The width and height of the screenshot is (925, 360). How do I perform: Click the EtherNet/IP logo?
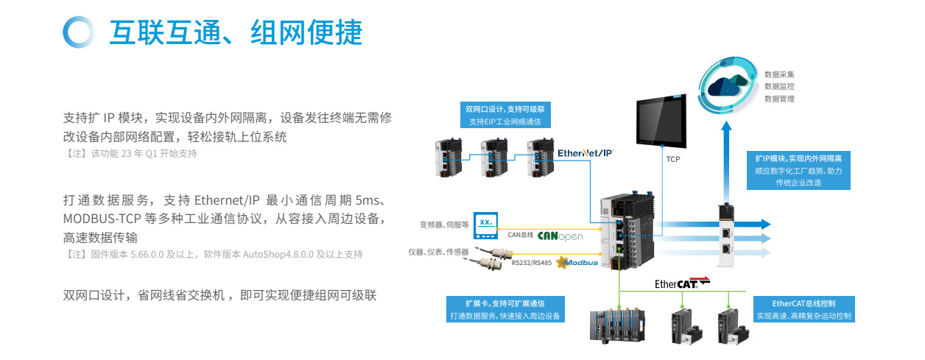(x=585, y=152)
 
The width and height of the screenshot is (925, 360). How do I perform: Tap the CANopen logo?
(x=560, y=236)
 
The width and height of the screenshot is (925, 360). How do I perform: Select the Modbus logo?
(x=578, y=262)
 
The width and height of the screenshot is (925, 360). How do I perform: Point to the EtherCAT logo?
(x=682, y=283)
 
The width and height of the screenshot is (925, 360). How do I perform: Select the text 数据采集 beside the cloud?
(x=779, y=74)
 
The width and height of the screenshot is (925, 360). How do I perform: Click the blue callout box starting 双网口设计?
(x=504, y=115)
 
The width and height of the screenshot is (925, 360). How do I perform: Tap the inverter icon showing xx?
(x=485, y=223)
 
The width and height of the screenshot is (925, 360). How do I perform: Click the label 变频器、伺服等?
(x=444, y=225)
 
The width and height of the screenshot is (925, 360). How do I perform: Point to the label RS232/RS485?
(x=532, y=263)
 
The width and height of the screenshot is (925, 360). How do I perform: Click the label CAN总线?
(x=520, y=236)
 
